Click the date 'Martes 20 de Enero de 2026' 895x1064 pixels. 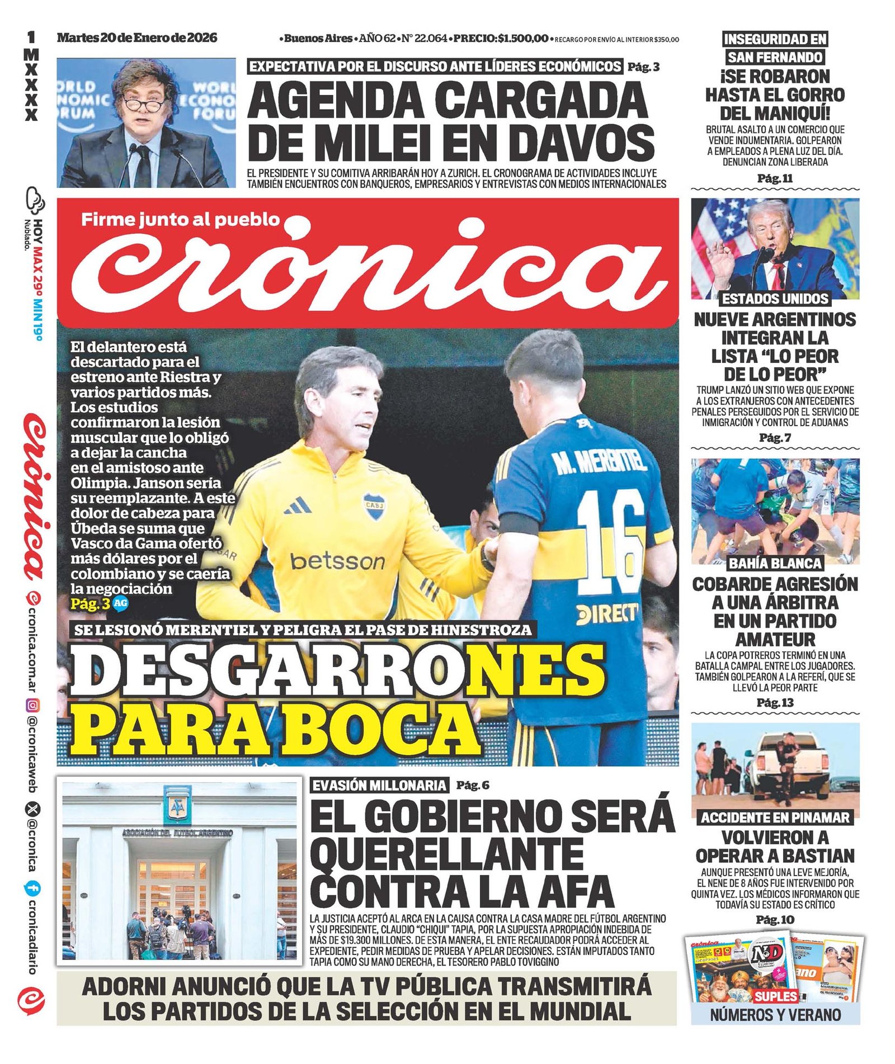(x=137, y=38)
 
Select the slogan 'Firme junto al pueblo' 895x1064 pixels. (x=180, y=219)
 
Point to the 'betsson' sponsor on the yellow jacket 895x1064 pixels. (x=337, y=561)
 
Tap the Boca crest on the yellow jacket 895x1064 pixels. (x=373, y=505)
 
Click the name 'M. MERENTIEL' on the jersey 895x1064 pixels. (x=599, y=462)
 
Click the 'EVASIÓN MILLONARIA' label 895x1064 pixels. (x=380, y=786)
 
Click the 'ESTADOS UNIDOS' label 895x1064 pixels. (x=775, y=299)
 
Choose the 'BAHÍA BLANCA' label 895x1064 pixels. (x=775, y=563)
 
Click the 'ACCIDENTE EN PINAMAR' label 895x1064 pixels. (x=775, y=817)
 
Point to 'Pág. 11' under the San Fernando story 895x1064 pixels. (x=775, y=178)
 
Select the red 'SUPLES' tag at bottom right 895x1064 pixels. (x=775, y=996)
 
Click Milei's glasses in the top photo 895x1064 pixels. (x=144, y=105)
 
